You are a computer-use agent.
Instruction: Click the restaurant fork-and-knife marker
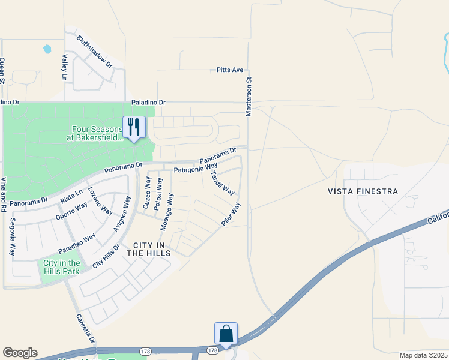133,127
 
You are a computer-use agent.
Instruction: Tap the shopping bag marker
226,334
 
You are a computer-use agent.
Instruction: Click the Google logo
20,353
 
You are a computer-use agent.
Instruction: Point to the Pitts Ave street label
230,70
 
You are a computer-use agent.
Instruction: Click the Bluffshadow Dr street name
95,50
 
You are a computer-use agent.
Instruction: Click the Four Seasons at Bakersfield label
97,133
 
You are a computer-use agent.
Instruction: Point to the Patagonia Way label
195,170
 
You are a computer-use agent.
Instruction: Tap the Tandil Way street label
222,182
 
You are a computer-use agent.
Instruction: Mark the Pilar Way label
231,214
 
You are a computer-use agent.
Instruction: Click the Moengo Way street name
166,212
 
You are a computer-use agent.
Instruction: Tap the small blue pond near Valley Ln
47,49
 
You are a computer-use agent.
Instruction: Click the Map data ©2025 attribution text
423,355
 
